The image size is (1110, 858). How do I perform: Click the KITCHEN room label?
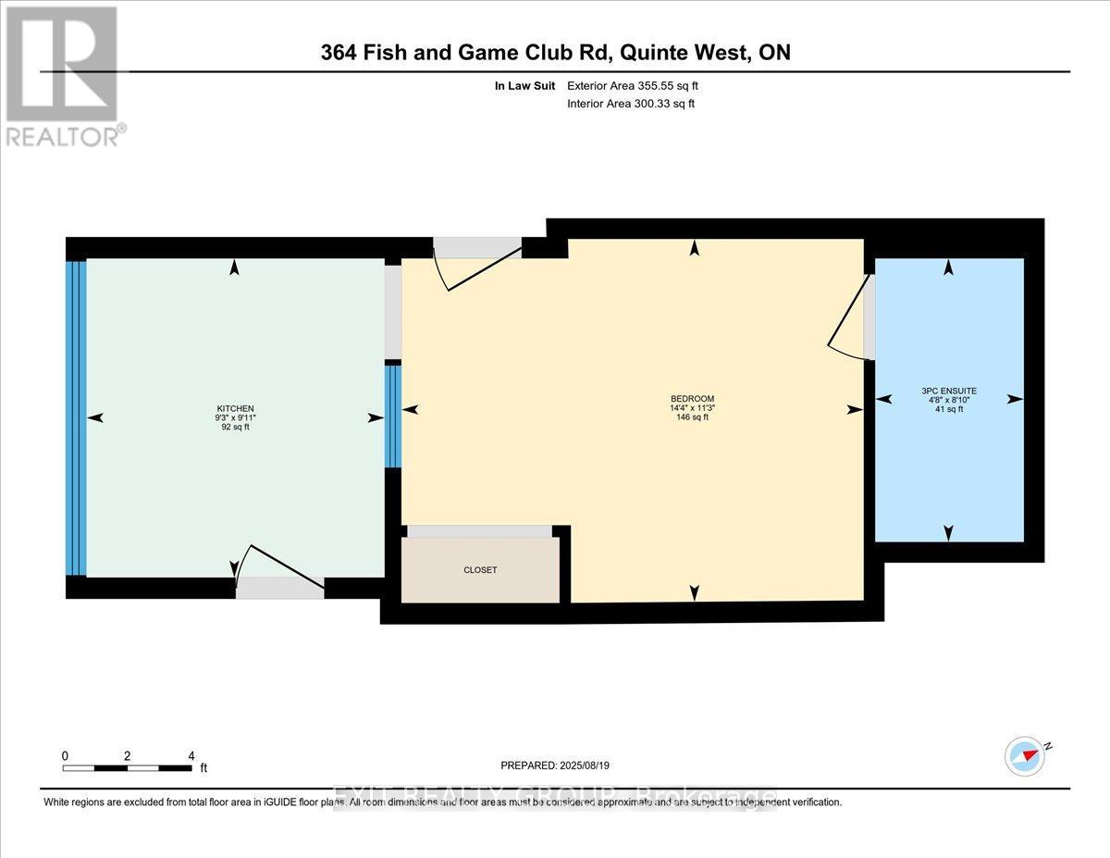(x=235, y=408)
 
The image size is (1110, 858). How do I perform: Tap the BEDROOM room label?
(x=692, y=398)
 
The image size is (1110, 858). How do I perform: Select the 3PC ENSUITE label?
(x=949, y=390)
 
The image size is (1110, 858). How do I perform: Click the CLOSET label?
(x=480, y=570)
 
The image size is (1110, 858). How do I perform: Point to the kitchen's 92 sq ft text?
(x=235, y=427)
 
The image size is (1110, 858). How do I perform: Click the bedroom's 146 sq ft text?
(x=692, y=417)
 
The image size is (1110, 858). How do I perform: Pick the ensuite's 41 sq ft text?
(x=949, y=408)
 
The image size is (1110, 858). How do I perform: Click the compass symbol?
(x=1025, y=755)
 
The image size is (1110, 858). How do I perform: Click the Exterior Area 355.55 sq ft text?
(x=633, y=85)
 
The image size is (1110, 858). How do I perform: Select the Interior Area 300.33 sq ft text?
(x=631, y=104)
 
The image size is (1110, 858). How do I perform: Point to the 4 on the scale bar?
(x=191, y=755)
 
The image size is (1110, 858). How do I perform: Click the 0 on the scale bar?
(x=65, y=755)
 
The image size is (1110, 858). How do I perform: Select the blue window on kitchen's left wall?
(x=76, y=418)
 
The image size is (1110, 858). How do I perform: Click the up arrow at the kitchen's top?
(x=235, y=267)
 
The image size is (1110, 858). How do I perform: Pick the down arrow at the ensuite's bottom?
(x=948, y=532)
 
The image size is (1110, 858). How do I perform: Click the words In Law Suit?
(x=524, y=85)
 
